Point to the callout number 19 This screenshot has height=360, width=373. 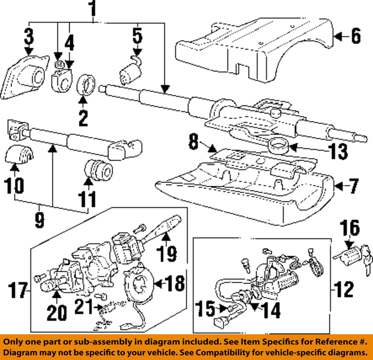[166, 254]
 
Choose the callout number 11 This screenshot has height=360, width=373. [87, 199]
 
